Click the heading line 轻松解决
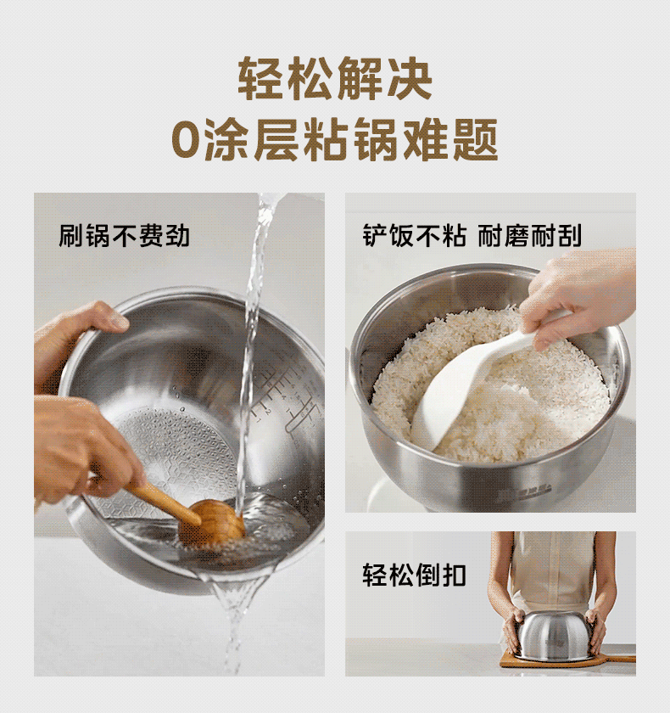point(335,79)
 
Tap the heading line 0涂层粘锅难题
point(335,139)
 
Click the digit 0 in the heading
point(187,140)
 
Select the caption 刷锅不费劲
point(124,236)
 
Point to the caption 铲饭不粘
point(414,236)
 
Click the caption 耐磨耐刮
point(530,236)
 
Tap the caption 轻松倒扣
point(414,575)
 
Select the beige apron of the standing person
point(553,574)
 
